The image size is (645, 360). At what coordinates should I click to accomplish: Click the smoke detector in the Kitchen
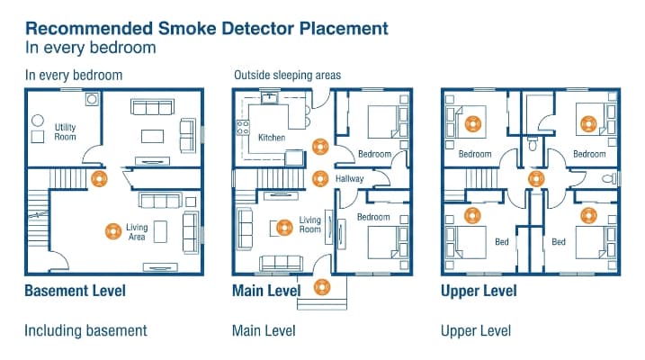(320, 147)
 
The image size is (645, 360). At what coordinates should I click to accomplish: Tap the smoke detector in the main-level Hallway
(320, 179)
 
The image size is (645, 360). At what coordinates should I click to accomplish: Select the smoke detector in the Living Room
(284, 228)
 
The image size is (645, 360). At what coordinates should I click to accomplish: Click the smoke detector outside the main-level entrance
(322, 287)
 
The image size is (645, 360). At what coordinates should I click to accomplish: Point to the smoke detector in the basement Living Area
(113, 231)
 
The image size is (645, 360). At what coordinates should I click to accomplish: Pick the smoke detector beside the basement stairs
(99, 179)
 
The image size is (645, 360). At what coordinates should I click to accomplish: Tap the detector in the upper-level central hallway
(536, 179)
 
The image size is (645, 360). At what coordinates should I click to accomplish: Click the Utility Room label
(66, 131)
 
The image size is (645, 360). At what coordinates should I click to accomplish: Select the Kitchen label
(272, 138)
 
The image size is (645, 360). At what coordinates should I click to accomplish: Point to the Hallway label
(350, 178)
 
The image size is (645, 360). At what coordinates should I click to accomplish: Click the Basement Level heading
(76, 291)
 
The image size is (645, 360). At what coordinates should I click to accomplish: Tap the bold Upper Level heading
(479, 291)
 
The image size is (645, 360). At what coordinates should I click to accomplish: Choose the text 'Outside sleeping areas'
(288, 76)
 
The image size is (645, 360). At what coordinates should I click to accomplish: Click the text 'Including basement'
(85, 331)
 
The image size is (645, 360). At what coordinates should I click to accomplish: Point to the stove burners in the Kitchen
(243, 128)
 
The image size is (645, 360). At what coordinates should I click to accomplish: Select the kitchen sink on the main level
(270, 98)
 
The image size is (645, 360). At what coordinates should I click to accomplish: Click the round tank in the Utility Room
(38, 121)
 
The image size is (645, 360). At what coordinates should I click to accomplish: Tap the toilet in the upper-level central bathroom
(533, 144)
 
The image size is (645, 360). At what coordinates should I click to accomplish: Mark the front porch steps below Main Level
(322, 304)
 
